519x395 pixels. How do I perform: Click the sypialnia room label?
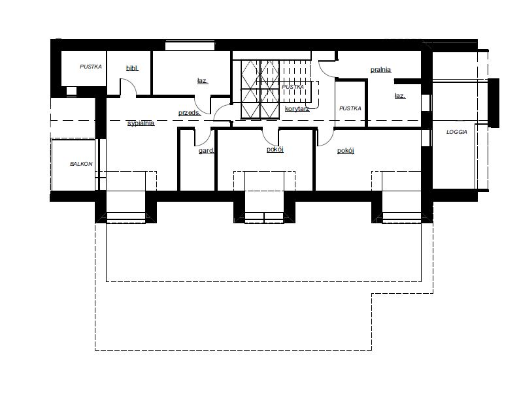(141, 123)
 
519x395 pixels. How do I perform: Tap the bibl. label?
(133, 69)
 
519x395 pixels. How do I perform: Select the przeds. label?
(190, 113)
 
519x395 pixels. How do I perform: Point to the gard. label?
(206, 151)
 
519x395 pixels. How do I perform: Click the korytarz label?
(297, 109)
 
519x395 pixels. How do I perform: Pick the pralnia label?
(380, 69)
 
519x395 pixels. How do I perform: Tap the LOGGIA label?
(457, 132)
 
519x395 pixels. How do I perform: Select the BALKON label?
(81, 164)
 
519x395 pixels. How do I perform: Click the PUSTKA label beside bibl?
(91, 67)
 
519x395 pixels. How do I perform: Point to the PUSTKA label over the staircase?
(293, 87)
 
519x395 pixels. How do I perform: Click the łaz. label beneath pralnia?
(399, 96)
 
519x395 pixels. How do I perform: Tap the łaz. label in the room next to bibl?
(203, 81)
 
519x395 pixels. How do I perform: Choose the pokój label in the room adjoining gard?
(275, 150)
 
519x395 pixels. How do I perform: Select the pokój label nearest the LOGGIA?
(346, 151)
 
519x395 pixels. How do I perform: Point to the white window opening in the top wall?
(190, 46)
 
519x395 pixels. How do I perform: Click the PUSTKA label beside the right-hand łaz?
(350, 108)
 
